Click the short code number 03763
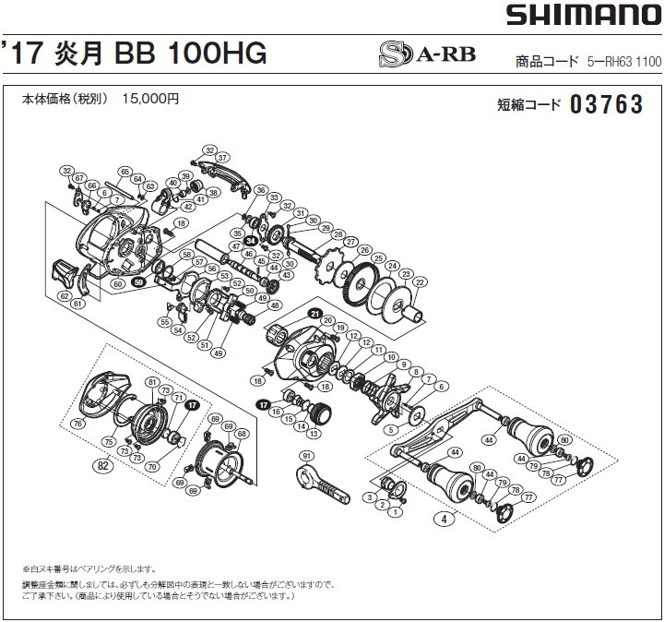(x=606, y=105)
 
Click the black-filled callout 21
(x=314, y=312)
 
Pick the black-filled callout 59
(x=138, y=283)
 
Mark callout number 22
(x=421, y=281)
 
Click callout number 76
(x=77, y=424)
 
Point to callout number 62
(x=64, y=296)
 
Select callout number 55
(x=163, y=322)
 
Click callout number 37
(x=222, y=157)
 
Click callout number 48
(x=275, y=305)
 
